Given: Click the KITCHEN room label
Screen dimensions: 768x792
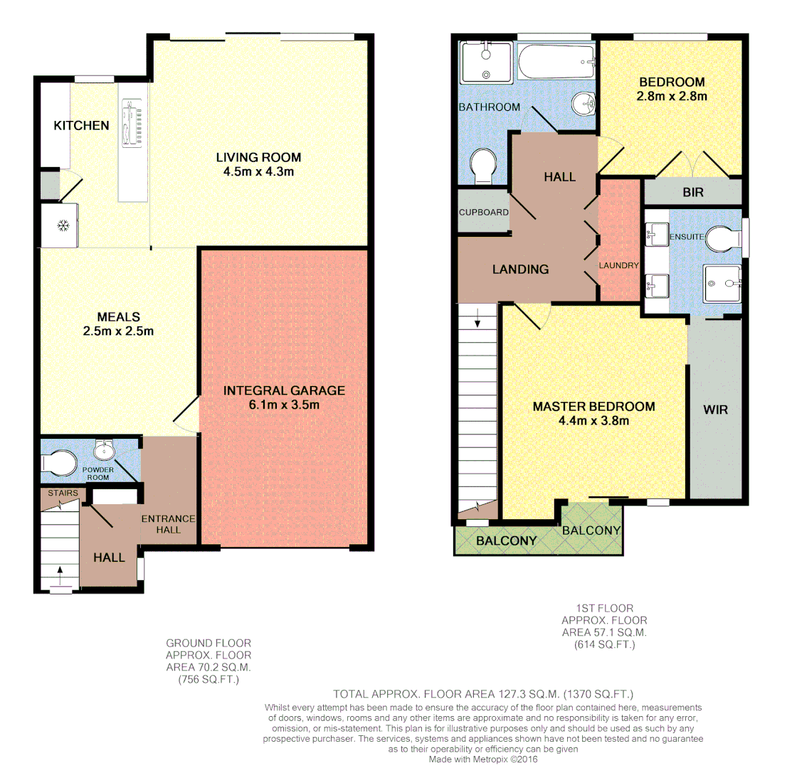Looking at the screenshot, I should pyautogui.click(x=82, y=126).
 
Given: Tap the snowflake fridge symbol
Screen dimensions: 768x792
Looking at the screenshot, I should pyautogui.click(x=63, y=226).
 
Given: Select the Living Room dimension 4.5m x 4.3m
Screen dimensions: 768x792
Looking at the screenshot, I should pyautogui.click(x=259, y=171).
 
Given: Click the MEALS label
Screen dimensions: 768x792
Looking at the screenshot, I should pyautogui.click(x=119, y=316).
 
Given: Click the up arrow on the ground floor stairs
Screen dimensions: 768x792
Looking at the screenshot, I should pyautogui.click(x=60, y=570).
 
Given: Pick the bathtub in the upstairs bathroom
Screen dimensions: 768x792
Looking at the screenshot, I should pyautogui.click(x=556, y=63).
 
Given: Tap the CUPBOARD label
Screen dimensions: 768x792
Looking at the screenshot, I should pyautogui.click(x=483, y=212).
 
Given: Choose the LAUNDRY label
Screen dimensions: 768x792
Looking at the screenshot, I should pyautogui.click(x=621, y=265).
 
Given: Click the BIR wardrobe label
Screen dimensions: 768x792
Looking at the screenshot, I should pyautogui.click(x=692, y=192).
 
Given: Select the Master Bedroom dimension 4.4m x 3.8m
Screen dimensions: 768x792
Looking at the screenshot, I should pyautogui.click(x=593, y=420).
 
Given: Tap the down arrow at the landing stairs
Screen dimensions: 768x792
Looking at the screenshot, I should pyautogui.click(x=477, y=321).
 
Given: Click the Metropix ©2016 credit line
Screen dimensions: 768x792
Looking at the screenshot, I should pyautogui.click(x=483, y=759).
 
